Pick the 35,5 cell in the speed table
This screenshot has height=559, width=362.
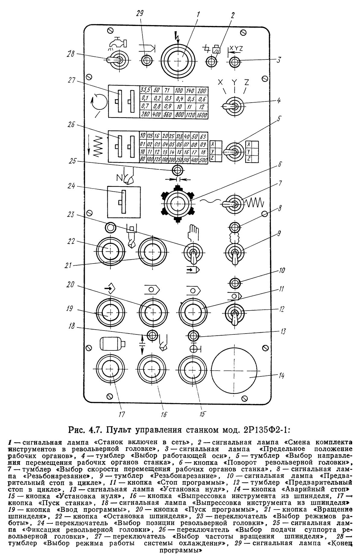pos(145,90)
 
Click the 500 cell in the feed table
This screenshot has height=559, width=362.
pos(203,159)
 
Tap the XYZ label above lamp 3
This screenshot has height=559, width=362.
pos(236,48)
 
